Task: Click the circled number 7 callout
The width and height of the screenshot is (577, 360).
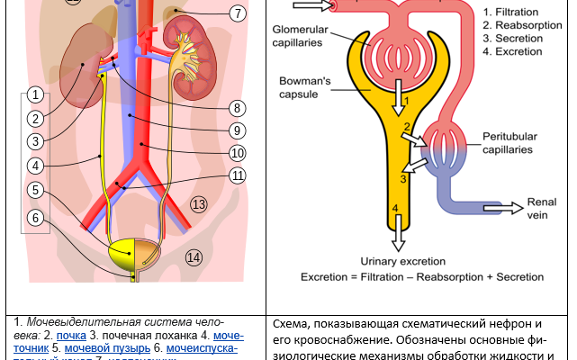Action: coord(238,13)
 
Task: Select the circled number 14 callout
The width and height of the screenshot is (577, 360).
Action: coord(194,257)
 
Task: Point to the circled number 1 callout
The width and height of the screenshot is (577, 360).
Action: coord(34,94)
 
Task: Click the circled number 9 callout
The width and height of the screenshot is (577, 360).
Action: coord(238,130)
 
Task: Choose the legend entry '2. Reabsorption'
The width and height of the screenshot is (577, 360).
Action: coord(523,25)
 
